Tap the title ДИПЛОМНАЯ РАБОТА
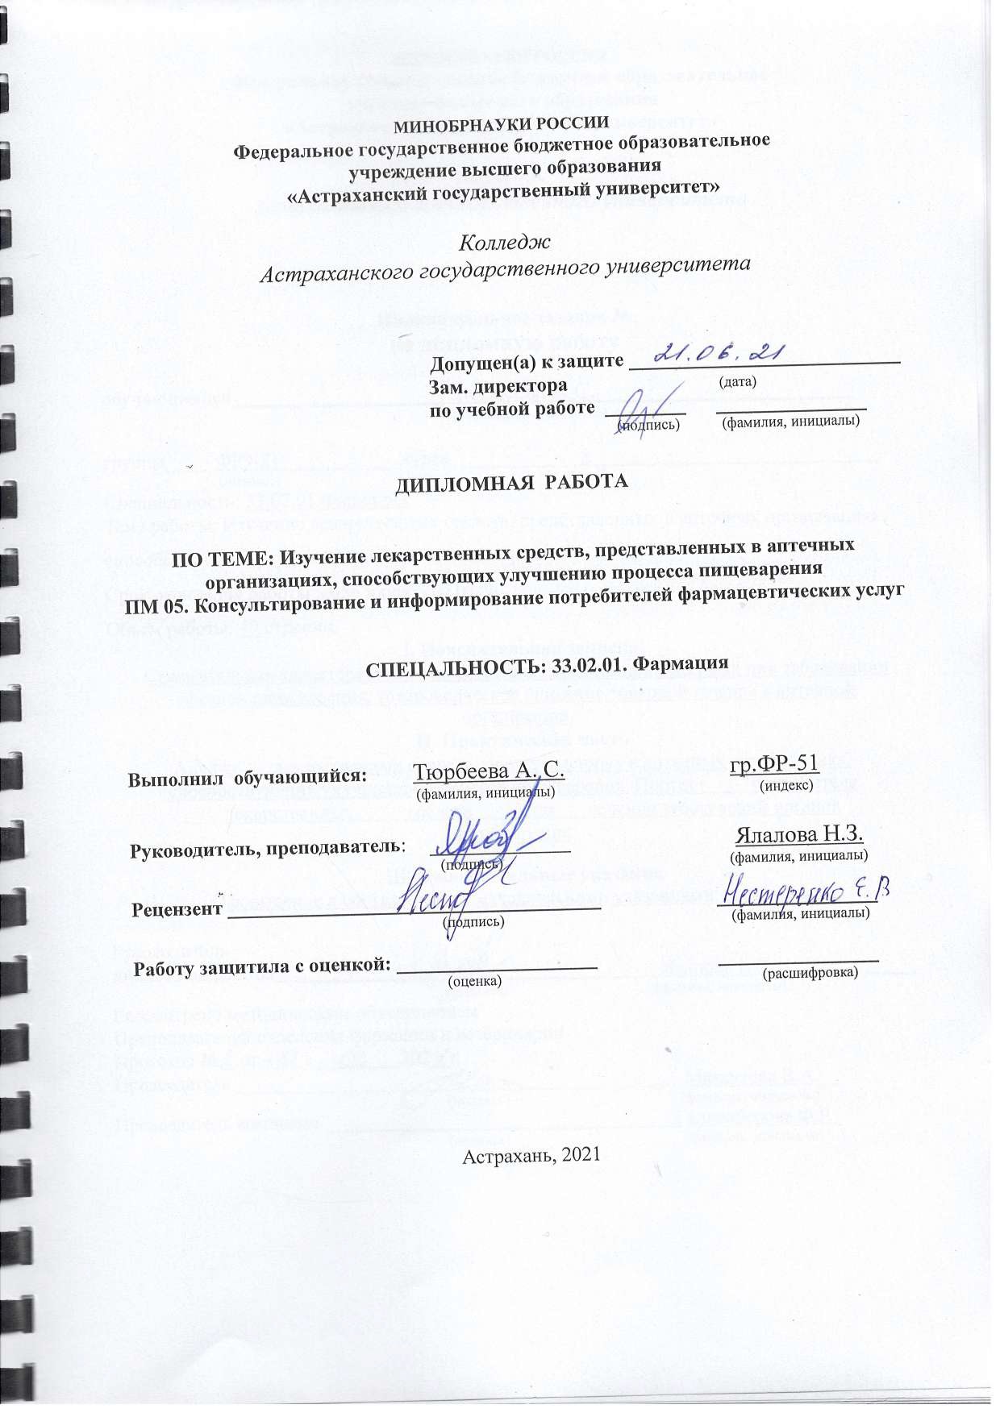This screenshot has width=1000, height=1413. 511,482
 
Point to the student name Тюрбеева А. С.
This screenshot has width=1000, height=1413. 487,771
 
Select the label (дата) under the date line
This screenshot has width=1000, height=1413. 737,381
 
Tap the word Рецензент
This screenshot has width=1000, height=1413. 177,909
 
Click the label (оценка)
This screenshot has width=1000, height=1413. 474,980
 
